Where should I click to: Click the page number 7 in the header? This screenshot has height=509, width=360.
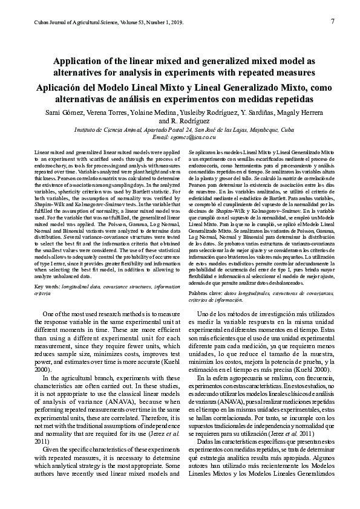[x=333, y=21]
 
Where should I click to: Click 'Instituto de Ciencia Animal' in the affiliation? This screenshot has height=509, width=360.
[x=107, y=129]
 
